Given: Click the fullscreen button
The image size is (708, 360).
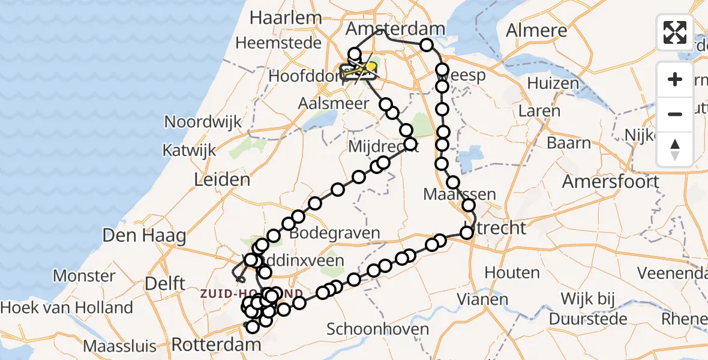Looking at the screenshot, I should pos(675,32).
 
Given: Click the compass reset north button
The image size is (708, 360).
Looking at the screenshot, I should pos(675,149).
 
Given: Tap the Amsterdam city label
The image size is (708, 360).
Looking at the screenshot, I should pos(396,29).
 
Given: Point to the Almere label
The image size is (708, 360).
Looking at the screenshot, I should pos(536,30).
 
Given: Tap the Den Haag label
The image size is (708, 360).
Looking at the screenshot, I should pos(144,235).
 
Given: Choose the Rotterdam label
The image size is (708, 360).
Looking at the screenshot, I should pos(216,345).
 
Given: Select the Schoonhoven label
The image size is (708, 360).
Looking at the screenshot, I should pos(378,329).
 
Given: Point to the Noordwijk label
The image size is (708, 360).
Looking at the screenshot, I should pos(203,122).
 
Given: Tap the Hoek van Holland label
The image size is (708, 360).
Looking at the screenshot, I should pos(67,308).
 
